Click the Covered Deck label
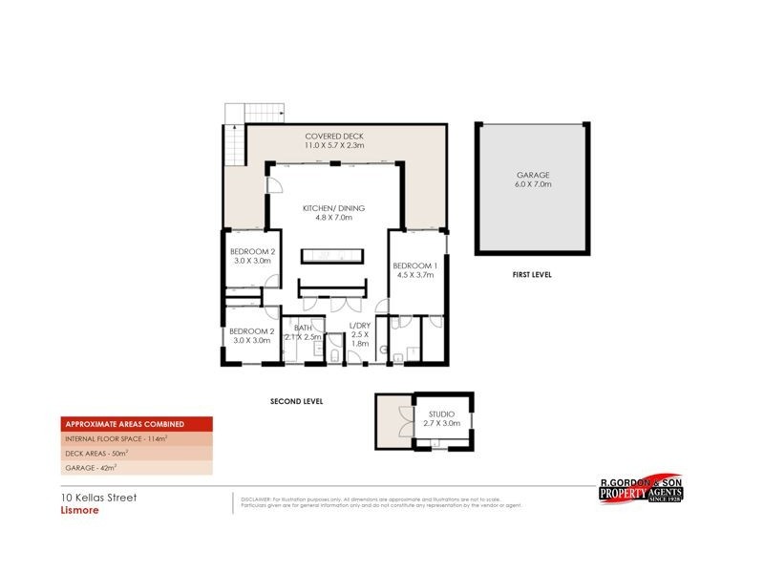(x=333, y=137)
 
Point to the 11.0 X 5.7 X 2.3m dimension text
(x=333, y=146)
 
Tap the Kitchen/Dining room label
(x=333, y=208)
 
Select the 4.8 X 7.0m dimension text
(x=333, y=218)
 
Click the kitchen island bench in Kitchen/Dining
(x=332, y=255)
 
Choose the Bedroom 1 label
(x=415, y=265)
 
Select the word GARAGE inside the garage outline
(x=533, y=175)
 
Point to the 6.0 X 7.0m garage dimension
(x=533, y=184)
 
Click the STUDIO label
(x=441, y=414)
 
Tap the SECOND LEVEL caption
(x=296, y=402)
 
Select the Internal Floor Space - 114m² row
(x=117, y=438)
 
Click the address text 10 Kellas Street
(x=93, y=498)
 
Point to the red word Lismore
(x=73, y=510)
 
